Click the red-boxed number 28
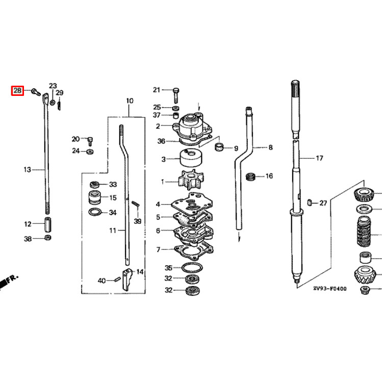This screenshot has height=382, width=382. coord(18,91)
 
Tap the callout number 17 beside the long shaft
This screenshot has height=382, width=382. coord(319,159)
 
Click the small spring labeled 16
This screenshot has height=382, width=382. coord(250,176)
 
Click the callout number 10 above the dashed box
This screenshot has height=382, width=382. coord(129,101)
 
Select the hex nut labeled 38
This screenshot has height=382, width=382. coord(47,238)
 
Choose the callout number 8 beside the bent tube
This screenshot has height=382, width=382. coord(270,148)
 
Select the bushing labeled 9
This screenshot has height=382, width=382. coord(219,148)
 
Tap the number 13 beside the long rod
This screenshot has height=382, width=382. coord(28,169)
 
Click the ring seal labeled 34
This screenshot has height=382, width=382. coord(95,212)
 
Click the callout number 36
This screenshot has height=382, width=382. coord(161,141)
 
